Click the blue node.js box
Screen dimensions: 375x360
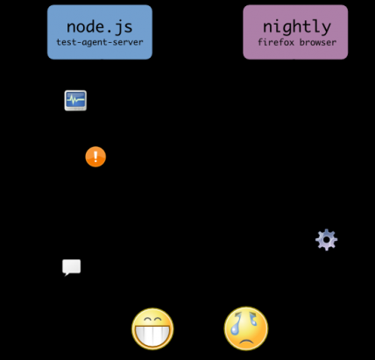100,32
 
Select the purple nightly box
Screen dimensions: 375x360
295,32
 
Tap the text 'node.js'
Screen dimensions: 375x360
100,27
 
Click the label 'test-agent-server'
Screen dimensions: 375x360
100,42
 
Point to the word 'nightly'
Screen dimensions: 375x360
297,27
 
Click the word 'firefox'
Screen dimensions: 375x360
276,42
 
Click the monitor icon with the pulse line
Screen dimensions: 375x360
75,101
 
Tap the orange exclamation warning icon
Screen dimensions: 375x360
96,157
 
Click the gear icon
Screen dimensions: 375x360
326,240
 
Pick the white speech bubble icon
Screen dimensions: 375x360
71,267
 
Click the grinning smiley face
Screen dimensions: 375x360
152,328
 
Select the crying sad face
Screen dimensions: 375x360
246,328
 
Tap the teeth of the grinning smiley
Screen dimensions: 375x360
152,335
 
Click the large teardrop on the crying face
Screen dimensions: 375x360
235,326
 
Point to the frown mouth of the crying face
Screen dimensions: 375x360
246,341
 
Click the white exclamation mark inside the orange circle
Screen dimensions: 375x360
96,156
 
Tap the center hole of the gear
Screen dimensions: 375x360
326,240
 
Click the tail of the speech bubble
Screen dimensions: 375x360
67,274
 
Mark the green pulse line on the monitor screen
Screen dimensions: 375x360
75,100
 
